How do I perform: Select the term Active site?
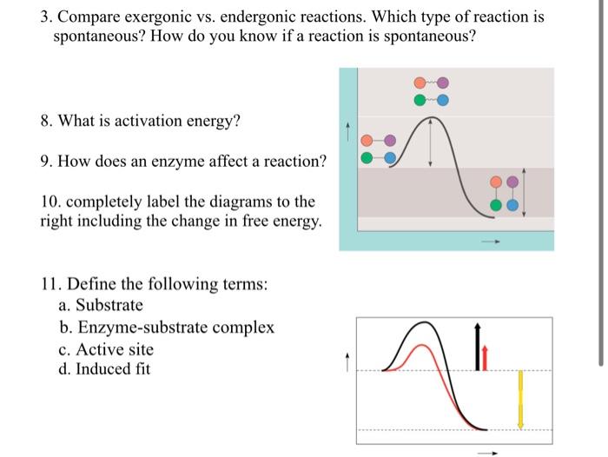point(115,349)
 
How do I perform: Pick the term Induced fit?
point(113,369)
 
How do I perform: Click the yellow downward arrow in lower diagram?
point(520,399)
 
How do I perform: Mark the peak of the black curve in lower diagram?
point(424,323)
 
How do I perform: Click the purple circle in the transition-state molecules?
point(444,83)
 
